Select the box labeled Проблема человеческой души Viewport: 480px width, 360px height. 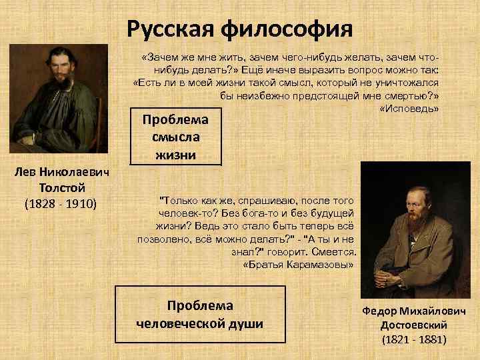click(200, 314)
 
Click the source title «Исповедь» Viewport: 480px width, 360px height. click(408, 109)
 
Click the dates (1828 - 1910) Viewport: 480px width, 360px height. click(61, 203)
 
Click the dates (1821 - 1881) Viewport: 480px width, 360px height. click(414, 339)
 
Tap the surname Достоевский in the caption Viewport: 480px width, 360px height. click(413, 325)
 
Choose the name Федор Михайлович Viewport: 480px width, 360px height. click(413, 311)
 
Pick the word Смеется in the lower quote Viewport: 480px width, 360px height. click(333, 252)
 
